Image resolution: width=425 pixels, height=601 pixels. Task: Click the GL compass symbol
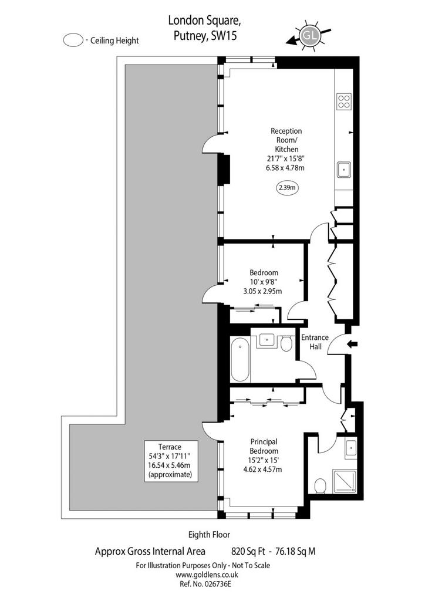click(309, 35)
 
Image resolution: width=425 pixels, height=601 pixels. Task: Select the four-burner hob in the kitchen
click(343, 101)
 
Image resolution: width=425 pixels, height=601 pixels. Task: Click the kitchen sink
click(344, 170)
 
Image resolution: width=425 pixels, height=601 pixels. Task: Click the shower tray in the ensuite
click(344, 481)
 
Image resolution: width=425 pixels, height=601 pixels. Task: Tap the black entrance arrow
click(352, 344)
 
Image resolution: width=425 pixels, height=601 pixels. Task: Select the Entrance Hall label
click(315, 342)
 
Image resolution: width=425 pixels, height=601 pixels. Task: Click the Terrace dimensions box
click(171, 461)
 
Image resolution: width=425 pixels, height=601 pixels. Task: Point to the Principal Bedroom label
click(264, 446)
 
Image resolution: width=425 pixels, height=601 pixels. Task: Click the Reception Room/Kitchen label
click(286, 140)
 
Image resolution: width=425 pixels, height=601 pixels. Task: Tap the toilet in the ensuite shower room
click(320, 486)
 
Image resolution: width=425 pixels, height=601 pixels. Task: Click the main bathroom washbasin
click(267, 339)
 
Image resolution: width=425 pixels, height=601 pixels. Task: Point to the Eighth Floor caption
click(209, 534)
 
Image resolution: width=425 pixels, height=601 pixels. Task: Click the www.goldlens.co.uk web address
click(207, 575)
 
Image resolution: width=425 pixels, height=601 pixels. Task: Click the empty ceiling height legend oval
click(73, 40)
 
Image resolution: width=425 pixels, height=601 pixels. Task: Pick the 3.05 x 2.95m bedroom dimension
click(262, 291)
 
